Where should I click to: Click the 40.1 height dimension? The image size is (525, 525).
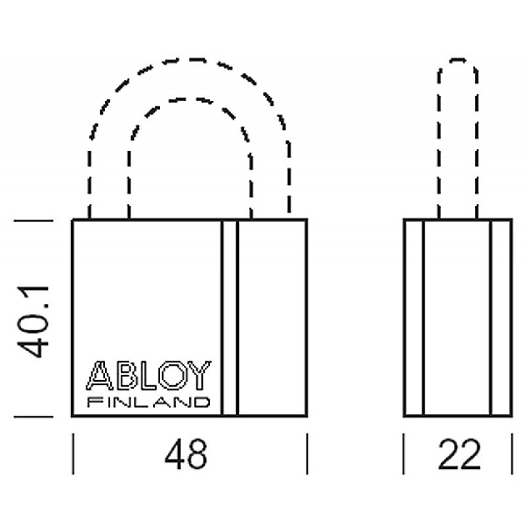coord(33,322)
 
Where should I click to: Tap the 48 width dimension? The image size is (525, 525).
coord(186,454)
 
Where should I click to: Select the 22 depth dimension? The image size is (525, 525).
coord(459,454)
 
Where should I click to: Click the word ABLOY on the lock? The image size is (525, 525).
coord(149,375)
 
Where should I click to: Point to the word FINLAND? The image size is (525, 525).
coord(149,402)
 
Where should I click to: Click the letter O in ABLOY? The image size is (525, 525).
coord(173,375)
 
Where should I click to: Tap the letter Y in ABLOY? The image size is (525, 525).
coord(199,375)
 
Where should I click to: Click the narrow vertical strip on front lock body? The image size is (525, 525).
coord(229,318)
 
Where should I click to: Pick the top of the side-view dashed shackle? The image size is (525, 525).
coord(457,60)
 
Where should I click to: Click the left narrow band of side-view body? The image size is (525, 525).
coord(414,318)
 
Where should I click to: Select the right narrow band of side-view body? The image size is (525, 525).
coord(501,318)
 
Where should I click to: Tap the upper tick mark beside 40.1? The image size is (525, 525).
coord(33,220)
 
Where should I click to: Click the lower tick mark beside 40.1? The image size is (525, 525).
coord(33,417)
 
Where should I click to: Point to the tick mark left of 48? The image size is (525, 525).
coord(73,453)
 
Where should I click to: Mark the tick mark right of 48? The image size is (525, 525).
coord(307,453)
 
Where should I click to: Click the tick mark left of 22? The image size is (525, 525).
coord(404,453)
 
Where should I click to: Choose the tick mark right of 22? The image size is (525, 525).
coord(512,453)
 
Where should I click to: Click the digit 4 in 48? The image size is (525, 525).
coord(175,454)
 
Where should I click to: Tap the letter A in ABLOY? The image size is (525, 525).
coord(100,375)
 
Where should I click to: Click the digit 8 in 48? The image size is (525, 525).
coord(198,454)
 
